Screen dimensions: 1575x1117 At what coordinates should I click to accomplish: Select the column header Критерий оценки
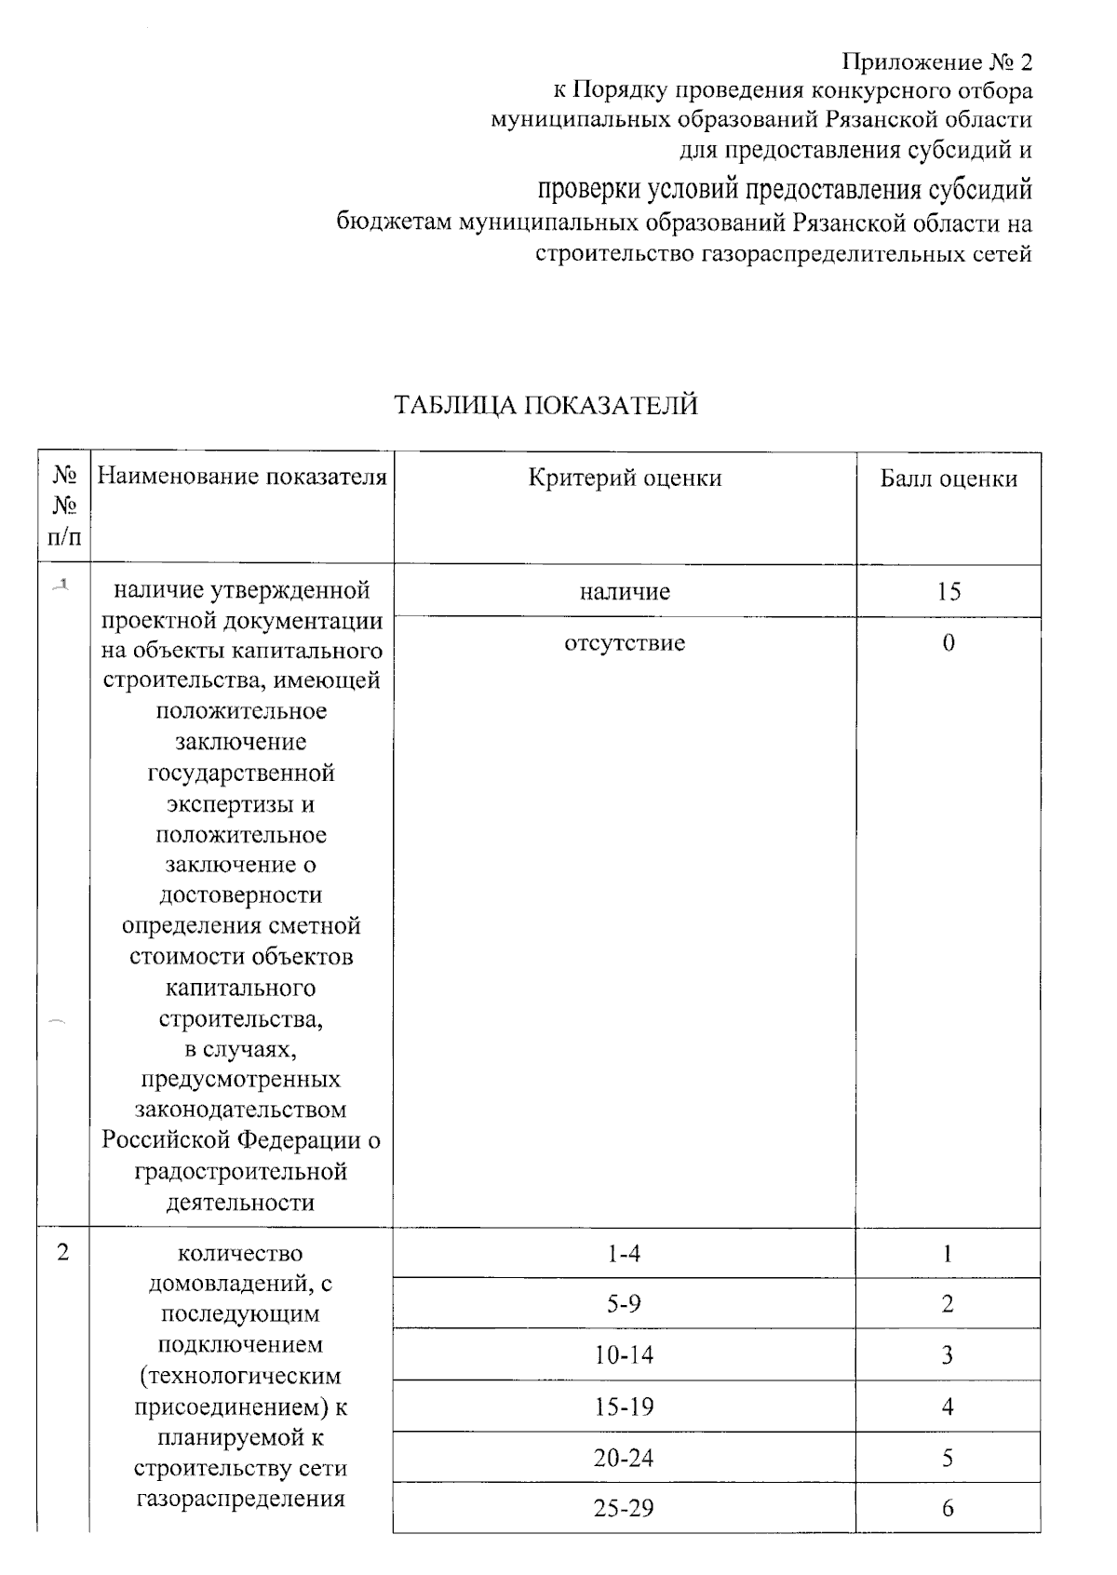click(625, 478)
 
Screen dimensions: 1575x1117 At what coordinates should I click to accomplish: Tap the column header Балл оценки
click(949, 478)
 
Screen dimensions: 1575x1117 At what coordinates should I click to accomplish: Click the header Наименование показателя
click(242, 478)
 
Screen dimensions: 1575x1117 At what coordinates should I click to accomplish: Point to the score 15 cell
click(949, 591)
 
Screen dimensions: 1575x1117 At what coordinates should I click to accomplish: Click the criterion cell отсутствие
click(625, 643)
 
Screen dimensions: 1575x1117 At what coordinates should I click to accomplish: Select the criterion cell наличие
click(625, 591)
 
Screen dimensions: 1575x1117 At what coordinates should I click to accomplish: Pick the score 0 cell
click(949, 643)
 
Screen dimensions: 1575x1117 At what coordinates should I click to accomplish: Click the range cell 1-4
click(625, 1254)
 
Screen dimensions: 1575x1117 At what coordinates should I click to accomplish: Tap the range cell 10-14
click(625, 1355)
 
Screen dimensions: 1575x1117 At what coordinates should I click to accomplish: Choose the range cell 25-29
click(625, 1508)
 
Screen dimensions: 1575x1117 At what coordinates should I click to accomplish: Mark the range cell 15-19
click(625, 1407)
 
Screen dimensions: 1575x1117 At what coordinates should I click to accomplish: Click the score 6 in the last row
click(949, 1508)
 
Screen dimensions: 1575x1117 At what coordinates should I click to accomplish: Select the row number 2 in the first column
click(62, 1252)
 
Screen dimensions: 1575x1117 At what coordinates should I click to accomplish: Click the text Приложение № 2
click(936, 62)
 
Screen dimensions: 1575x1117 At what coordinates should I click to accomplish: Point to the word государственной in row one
click(241, 773)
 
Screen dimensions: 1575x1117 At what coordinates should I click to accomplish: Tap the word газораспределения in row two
click(241, 1499)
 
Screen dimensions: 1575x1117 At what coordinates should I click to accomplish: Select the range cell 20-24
click(625, 1458)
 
